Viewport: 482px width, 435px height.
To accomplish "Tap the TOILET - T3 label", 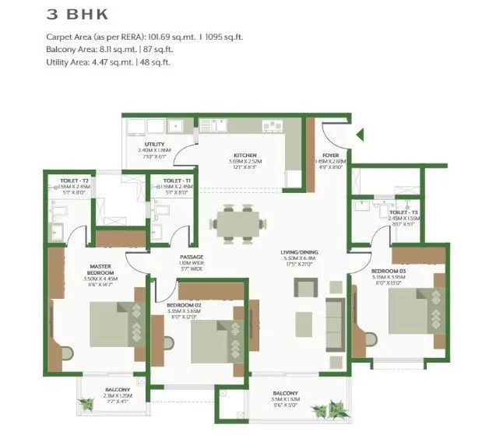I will (403, 212).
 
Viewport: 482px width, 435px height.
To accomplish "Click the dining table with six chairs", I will (236, 223).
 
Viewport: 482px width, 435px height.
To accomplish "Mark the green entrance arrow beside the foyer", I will (360, 136).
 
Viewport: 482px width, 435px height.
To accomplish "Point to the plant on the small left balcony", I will (86, 402).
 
